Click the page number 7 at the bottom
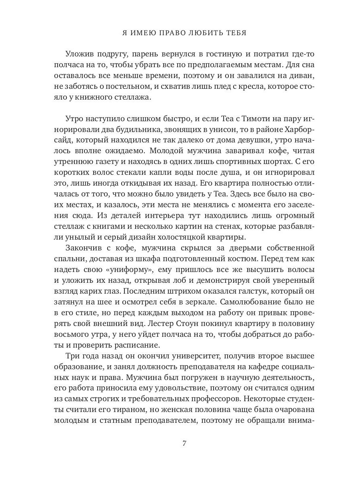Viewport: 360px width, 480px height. pos(184,443)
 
